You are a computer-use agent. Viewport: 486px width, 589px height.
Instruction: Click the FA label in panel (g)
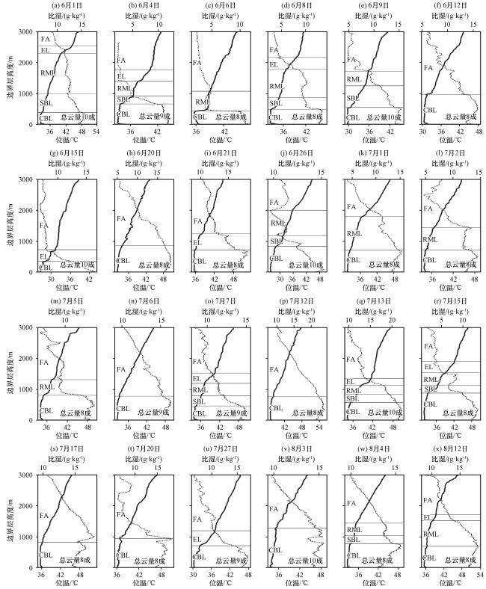(45, 224)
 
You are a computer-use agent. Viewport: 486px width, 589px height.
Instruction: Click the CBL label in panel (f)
(430, 110)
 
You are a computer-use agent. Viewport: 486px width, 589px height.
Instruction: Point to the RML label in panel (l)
(430, 239)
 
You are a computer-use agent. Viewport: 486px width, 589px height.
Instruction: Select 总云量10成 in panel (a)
(77, 117)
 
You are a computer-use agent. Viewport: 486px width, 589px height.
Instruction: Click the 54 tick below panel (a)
(96, 131)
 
